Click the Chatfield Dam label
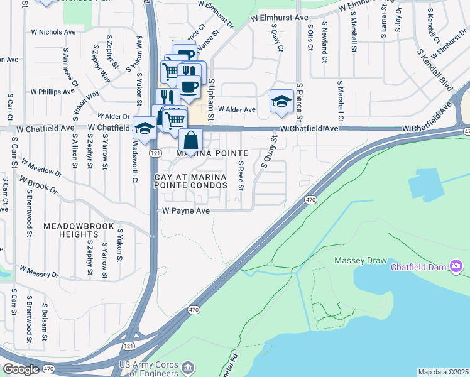[x=418, y=266]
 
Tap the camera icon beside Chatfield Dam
[x=456, y=266]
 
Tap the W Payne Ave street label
[x=186, y=211]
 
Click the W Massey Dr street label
[x=39, y=271]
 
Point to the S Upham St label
[x=212, y=99]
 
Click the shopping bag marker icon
[x=190, y=140]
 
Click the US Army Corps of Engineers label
[x=152, y=369]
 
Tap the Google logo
[x=21, y=369]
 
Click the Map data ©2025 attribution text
[x=443, y=372]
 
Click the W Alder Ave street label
[x=237, y=109]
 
